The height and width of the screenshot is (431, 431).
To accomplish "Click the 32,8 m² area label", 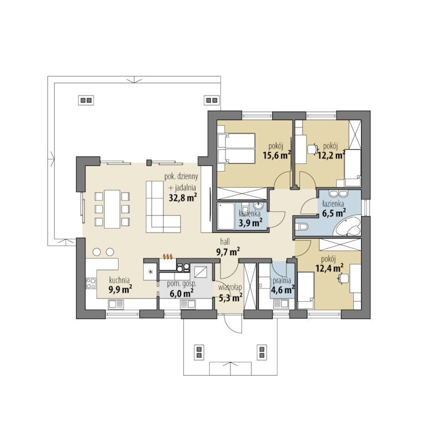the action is click(183, 197).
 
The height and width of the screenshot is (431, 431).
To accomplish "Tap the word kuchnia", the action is click(119, 280).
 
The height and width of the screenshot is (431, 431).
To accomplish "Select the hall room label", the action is click(225, 242).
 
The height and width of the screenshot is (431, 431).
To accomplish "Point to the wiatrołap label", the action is click(230, 288).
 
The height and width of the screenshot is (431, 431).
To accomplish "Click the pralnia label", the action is click(282, 281).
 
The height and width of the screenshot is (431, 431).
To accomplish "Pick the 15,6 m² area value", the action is click(277, 155).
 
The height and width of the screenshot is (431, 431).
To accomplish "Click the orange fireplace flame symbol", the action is click(168, 257).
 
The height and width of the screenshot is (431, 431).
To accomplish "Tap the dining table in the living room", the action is click(112, 209).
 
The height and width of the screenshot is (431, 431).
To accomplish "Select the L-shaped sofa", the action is click(163, 207).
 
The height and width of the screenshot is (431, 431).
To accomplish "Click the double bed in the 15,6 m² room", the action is click(237, 148).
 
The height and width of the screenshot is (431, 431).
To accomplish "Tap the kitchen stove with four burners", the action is click(91, 284).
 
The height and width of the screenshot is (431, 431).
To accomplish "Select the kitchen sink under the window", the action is click(116, 304).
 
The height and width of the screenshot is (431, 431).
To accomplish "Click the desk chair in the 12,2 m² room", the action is click(313, 149).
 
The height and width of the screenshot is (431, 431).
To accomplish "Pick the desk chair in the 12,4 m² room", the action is click(343, 278).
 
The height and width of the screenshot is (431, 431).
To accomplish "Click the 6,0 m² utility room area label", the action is click(181, 294).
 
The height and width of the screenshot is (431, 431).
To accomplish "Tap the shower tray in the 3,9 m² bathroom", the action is click(226, 216).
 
